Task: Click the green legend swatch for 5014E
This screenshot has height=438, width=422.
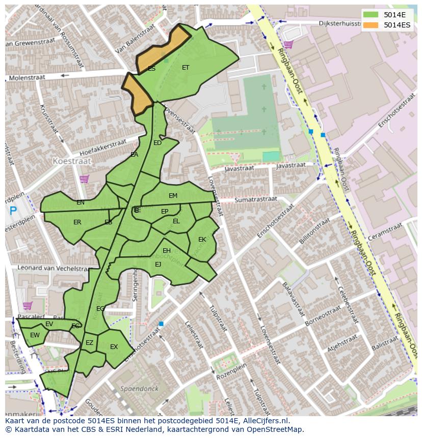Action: (x=371, y=15)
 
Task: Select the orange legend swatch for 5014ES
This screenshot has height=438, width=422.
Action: (x=371, y=25)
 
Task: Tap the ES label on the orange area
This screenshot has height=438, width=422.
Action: (x=151, y=69)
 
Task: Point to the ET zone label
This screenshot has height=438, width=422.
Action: (x=186, y=68)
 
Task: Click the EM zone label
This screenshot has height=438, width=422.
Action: (x=173, y=196)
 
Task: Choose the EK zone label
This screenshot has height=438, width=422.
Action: (x=202, y=240)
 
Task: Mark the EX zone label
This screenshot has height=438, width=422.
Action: (x=114, y=347)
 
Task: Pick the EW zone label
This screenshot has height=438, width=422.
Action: (x=35, y=335)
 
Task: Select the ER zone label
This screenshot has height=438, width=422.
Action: (x=77, y=222)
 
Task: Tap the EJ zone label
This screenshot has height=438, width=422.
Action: (x=158, y=264)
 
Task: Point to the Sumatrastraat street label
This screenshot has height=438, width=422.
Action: (x=255, y=200)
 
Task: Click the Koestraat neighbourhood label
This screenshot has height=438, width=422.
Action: (x=72, y=161)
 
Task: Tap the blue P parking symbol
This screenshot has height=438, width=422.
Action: (x=13, y=211)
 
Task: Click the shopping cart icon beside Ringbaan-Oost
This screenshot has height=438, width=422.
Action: (x=288, y=45)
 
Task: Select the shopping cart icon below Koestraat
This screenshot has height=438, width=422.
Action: (x=84, y=179)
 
